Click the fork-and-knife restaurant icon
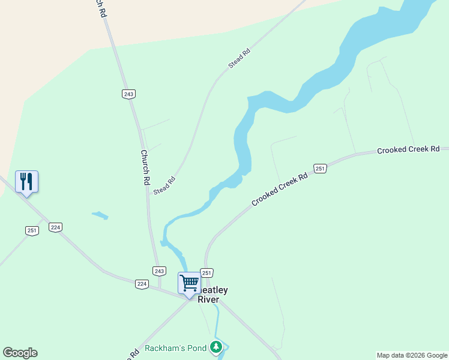tap(26, 181)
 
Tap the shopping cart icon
tap(189, 282)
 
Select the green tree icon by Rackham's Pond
tap(216, 347)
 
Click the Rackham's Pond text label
tap(175, 349)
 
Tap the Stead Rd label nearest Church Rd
tap(164, 185)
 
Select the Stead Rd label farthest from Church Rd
tap(239, 57)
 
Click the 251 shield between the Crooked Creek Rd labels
tap(320, 169)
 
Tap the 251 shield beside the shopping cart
tap(206, 273)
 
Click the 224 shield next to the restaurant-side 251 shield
tap(56, 227)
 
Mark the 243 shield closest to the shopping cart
tap(158, 271)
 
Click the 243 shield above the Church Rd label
tap(128, 94)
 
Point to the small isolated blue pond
tap(100, 215)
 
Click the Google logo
tap(20, 353)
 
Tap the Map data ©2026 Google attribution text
tap(412, 355)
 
